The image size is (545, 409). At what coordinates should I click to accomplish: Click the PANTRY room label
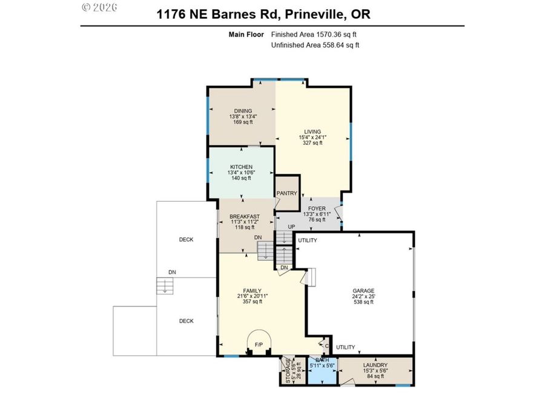click(x=287, y=193)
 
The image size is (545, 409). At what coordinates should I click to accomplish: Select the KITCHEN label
click(x=241, y=167)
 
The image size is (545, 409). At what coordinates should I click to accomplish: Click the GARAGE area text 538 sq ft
click(x=363, y=302)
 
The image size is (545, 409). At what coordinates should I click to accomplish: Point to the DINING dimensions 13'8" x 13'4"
click(x=243, y=116)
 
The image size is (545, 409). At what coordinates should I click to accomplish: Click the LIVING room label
click(x=312, y=131)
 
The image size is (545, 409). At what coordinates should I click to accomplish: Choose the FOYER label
click(x=317, y=208)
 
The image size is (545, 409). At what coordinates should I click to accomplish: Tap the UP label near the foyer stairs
click(x=291, y=227)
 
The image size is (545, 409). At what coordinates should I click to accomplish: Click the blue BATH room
click(x=323, y=371)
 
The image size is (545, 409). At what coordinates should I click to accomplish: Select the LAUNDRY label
click(x=375, y=365)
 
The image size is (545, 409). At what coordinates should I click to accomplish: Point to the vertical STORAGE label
click(x=288, y=371)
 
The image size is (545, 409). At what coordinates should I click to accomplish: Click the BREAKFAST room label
click(x=245, y=216)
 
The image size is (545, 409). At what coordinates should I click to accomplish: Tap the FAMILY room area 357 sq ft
click(x=253, y=302)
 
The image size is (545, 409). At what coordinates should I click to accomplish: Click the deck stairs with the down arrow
click(x=164, y=286)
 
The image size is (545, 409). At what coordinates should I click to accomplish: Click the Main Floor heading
click(x=246, y=35)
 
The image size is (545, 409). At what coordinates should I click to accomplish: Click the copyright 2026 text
click(x=99, y=7)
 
